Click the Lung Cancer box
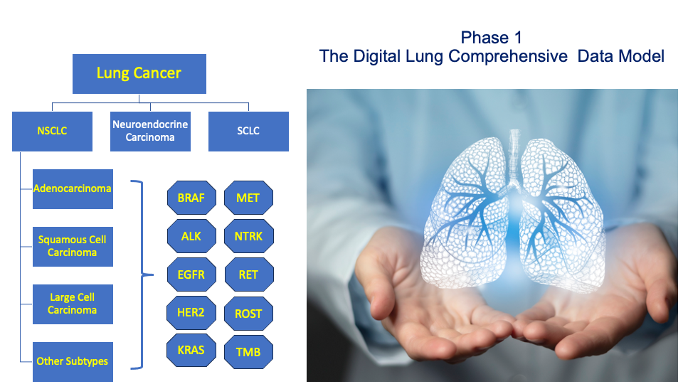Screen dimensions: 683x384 click(x=139, y=73)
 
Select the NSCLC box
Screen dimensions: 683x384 click(x=52, y=131)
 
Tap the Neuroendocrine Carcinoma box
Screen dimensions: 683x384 click(x=150, y=131)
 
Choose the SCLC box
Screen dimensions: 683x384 click(x=248, y=131)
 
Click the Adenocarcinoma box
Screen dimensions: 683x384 click(x=73, y=189)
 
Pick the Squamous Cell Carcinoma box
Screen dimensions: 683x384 click(x=73, y=247)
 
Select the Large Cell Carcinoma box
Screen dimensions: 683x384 click(x=73, y=304)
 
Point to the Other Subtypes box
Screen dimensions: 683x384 click(x=73, y=362)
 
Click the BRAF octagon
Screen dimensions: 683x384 click(x=191, y=198)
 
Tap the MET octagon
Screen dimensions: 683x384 click(x=249, y=198)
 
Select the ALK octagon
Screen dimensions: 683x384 click(x=191, y=236)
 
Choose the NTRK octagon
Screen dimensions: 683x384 click(x=249, y=236)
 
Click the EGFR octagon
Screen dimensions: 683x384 click(x=191, y=274)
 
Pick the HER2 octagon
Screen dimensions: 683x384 click(x=191, y=313)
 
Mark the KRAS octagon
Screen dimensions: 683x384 click(x=191, y=351)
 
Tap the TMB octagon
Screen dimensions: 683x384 click(x=249, y=352)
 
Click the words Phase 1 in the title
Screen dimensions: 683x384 click(x=492, y=38)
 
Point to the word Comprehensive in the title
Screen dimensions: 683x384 click(x=508, y=57)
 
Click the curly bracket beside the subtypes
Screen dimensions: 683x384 click(x=142, y=274)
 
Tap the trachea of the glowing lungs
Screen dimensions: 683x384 click(x=515, y=156)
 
